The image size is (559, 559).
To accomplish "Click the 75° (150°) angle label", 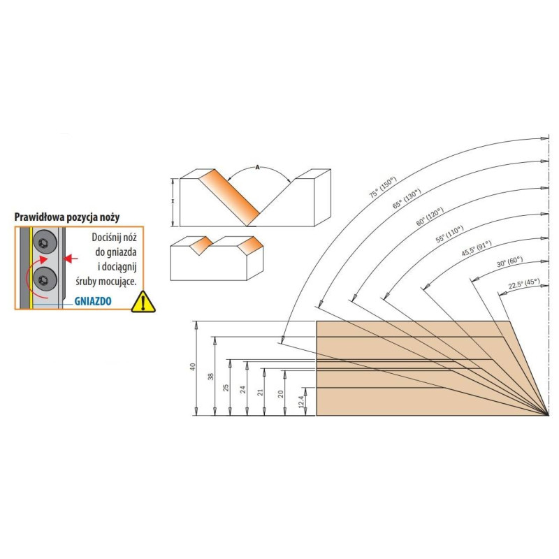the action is click(x=383, y=187).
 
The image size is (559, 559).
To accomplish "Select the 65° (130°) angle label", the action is click(x=407, y=198).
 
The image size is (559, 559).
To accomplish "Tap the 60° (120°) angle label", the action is click(x=430, y=217).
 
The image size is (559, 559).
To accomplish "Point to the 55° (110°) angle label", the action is click(x=449, y=234).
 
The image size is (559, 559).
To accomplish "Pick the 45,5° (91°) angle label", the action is click(x=477, y=248).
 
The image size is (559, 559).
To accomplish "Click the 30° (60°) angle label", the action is click(x=509, y=261).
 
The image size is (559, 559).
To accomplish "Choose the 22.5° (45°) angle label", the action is click(x=523, y=284).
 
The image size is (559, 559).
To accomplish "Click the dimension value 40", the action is click(x=193, y=367).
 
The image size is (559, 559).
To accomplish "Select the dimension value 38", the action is click(x=211, y=377).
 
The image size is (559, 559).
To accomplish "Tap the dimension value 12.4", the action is click(x=301, y=402).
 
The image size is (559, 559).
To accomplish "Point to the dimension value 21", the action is click(x=261, y=392).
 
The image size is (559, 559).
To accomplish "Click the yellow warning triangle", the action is click(x=143, y=302).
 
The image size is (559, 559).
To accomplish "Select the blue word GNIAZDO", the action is click(x=93, y=301).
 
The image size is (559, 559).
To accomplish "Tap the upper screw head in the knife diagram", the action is click(x=45, y=243).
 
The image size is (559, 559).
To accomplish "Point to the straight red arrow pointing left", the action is click(x=71, y=258).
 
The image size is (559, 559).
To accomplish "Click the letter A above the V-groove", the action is click(x=257, y=167).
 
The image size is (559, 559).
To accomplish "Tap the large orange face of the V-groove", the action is click(x=229, y=197).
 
